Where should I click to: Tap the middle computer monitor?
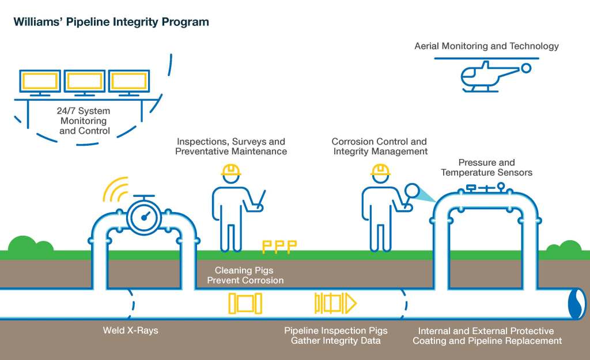click(x=85, y=82)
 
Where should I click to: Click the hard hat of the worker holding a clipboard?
click(x=230, y=169)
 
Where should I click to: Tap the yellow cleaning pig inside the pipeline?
click(x=245, y=303)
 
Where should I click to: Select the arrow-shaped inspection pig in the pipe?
click(x=335, y=303)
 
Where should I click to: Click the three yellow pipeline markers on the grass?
click(x=279, y=247)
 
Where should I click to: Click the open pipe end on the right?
click(x=576, y=303)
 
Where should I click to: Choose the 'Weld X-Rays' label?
click(x=130, y=331)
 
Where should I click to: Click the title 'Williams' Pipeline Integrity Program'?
click(x=111, y=22)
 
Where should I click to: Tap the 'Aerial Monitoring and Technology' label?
click(x=486, y=46)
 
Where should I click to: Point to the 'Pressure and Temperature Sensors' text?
click(x=486, y=168)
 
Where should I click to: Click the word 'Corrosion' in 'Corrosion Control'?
click(x=353, y=141)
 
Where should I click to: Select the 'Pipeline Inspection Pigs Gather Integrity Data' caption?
click(x=335, y=336)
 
